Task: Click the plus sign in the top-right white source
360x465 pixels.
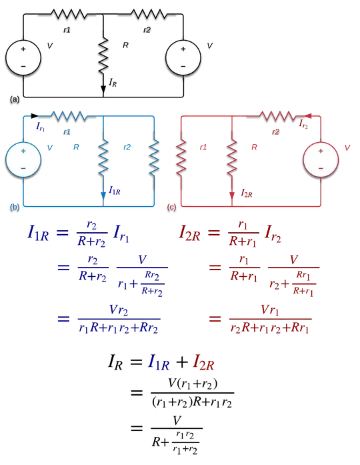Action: [183, 49]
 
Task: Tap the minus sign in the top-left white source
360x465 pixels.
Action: [23, 67]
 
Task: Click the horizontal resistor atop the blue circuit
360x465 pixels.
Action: [69, 115]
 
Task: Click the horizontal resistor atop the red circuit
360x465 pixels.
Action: [278, 115]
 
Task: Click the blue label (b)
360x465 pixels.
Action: [15, 207]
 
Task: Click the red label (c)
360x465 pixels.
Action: [171, 207]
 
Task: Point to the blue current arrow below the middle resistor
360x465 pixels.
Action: [103, 193]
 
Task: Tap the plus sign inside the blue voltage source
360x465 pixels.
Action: [23, 151]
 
